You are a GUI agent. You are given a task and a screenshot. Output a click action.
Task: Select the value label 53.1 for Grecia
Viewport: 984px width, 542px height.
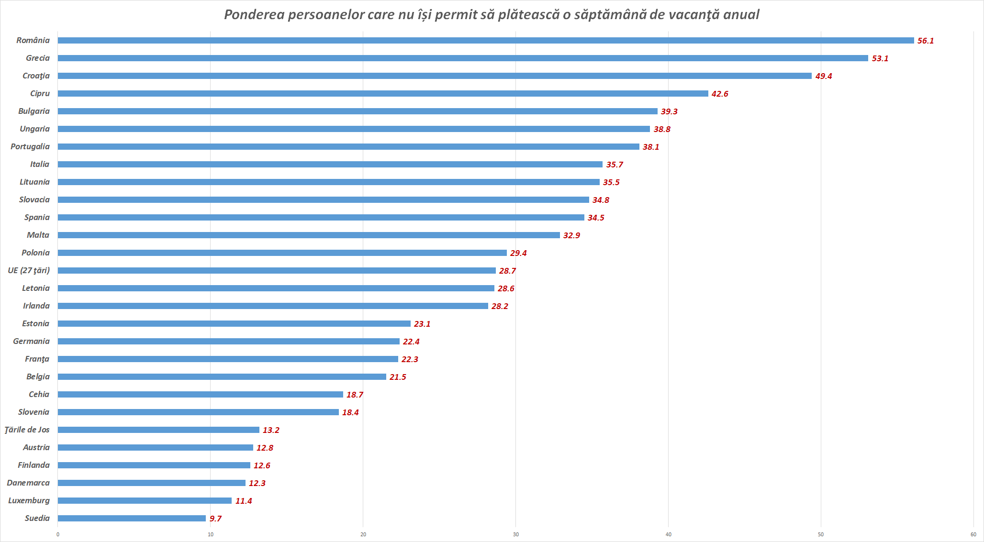coord(880,58)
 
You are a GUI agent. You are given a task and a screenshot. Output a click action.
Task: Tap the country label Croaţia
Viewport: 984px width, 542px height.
coord(36,76)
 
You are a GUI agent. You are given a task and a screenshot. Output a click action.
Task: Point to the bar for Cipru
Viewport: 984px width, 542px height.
coord(383,94)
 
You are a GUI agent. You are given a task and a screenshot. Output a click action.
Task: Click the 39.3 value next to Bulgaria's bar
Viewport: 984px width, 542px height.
coord(669,111)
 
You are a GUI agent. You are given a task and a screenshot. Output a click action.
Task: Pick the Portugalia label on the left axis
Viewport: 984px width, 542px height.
coord(30,147)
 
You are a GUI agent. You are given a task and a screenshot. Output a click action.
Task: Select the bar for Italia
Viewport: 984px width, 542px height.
coord(330,165)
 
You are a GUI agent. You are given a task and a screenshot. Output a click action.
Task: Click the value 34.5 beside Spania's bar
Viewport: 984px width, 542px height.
coord(596,218)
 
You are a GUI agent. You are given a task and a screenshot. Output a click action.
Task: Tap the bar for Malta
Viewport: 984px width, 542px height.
coord(309,235)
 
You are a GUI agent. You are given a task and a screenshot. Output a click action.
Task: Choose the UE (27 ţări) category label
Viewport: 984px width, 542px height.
coord(29,271)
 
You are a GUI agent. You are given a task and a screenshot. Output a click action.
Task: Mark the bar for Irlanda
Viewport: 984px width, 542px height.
coord(273,306)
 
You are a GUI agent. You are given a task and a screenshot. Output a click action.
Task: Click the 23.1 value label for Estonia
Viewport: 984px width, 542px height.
coord(422,324)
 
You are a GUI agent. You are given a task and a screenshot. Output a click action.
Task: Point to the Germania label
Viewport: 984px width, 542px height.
coord(31,342)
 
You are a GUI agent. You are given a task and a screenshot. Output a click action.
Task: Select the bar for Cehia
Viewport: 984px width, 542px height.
coord(201,395)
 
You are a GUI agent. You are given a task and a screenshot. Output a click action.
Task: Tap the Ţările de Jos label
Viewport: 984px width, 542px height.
coord(27,430)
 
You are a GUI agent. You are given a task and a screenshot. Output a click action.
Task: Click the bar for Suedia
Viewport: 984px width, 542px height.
coord(132,519)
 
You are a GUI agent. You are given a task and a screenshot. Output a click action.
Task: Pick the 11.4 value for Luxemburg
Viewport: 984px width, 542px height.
coord(244,501)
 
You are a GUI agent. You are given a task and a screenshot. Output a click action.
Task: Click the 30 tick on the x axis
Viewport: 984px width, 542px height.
coord(515,534)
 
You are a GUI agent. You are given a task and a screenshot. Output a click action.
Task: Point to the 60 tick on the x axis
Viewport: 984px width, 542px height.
coord(973,534)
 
